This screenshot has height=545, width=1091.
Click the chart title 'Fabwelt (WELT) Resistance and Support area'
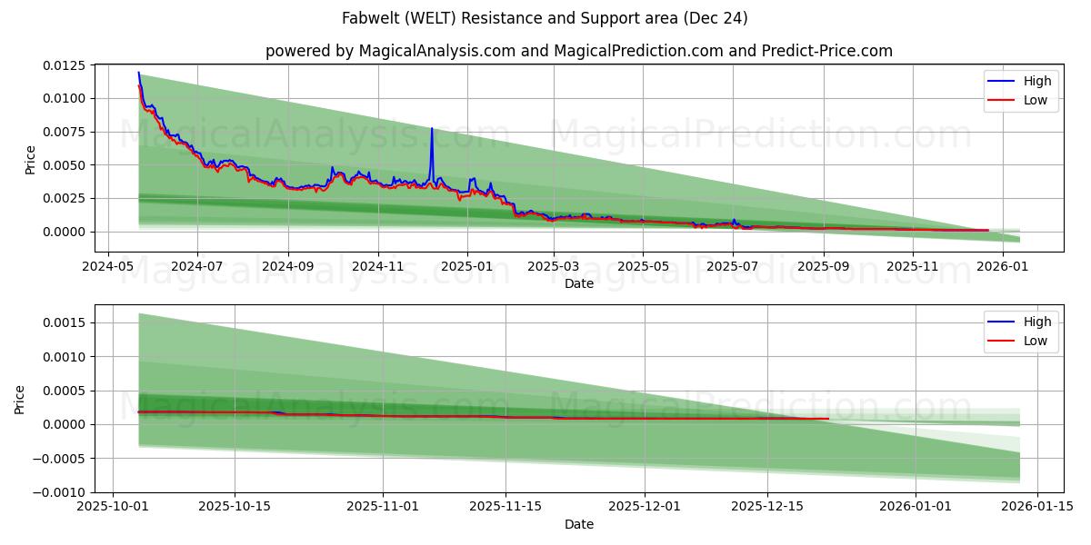pos(545,18)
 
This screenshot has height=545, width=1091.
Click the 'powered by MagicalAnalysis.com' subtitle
pos(578,51)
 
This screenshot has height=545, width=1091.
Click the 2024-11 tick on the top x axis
pos(378,266)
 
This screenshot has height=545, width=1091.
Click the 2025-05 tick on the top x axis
pos(643,266)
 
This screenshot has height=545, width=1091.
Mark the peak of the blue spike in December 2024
pos(432,128)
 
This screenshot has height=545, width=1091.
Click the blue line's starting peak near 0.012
pos(138,73)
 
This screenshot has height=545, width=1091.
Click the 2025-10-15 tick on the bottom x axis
pos(235,507)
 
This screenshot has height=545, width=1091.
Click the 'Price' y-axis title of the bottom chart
pos(20,399)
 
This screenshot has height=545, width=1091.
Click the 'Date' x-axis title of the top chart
pos(578,283)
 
